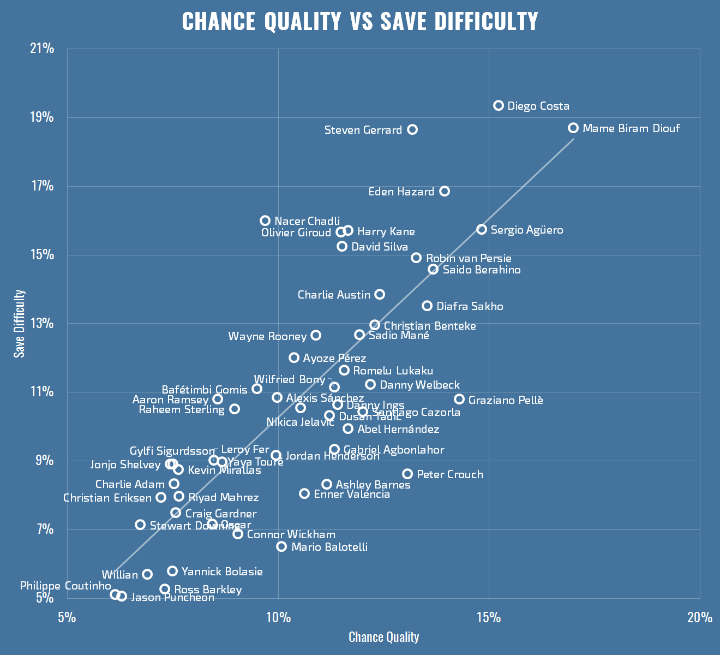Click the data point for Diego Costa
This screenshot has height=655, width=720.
click(499, 105)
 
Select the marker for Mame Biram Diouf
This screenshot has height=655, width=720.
click(573, 128)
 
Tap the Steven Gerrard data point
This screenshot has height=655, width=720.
click(412, 129)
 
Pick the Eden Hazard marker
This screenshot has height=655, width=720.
click(445, 191)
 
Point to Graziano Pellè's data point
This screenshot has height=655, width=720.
click(459, 399)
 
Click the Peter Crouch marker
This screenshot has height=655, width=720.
click(407, 474)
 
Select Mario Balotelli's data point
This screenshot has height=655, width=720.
click(281, 546)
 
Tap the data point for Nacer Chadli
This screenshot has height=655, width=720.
click(265, 221)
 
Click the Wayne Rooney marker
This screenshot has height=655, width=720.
click(316, 335)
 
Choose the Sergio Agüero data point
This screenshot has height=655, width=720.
click(482, 229)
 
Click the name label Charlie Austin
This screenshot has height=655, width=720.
click(334, 295)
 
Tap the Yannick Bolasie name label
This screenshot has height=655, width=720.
click(222, 571)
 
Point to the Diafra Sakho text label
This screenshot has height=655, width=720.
click(470, 306)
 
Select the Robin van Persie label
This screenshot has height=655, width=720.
click(469, 258)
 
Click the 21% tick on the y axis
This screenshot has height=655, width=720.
click(42, 49)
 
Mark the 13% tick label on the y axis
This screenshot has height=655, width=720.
click(42, 324)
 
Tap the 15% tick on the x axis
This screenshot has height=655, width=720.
click(489, 617)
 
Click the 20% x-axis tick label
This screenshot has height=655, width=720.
click(700, 617)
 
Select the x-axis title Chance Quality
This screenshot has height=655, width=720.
click(383, 637)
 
